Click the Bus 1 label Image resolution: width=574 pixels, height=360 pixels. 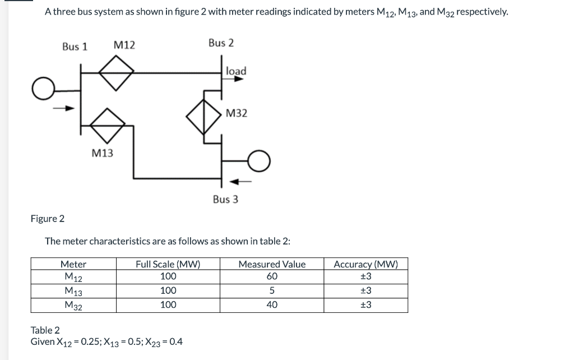[75, 47]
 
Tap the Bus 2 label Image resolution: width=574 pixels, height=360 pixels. [221, 43]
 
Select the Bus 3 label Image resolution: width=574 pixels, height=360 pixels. [225, 199]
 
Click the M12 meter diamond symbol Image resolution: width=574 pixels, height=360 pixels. [116, 72]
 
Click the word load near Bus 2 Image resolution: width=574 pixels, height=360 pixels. [236, 71]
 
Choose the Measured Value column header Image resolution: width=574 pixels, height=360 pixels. [272, 264]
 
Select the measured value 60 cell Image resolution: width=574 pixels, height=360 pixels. [272, 276]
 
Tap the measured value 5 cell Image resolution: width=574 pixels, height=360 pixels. [272, 290]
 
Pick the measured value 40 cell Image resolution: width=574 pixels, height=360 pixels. [272, 305]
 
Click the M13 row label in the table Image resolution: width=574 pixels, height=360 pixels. [73, 291]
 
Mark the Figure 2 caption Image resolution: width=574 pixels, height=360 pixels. [48, 219]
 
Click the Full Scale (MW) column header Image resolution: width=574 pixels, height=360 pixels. [168, 264]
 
